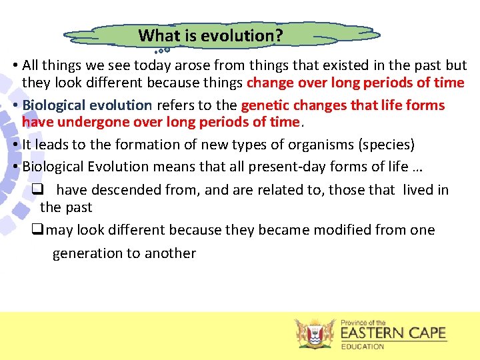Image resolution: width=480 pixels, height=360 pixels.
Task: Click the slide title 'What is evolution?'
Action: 210,35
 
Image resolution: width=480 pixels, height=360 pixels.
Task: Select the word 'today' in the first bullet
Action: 153,65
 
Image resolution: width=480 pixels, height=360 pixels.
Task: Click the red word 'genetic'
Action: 265,105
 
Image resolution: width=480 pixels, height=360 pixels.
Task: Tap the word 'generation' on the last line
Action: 87,253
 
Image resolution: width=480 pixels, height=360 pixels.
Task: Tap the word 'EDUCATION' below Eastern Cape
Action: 363,347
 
